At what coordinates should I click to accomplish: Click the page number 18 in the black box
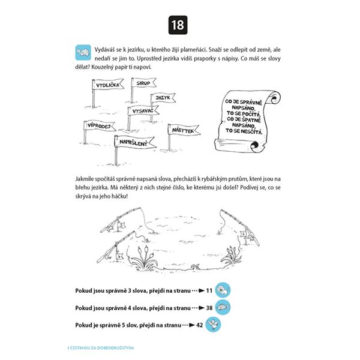tap(179, 25)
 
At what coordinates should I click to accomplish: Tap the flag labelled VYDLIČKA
tap(107, 85)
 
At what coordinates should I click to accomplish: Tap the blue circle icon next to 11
tap(223, 290)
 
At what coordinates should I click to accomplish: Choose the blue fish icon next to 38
tap(223, 307)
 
